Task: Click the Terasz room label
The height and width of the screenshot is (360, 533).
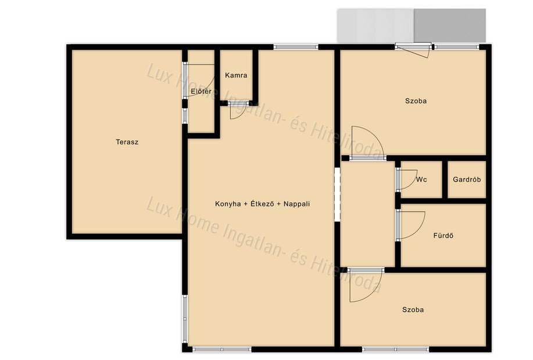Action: coord(127,142)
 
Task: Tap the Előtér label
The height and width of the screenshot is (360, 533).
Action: coord(201,91)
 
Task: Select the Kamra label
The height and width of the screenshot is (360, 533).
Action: coord(236,75)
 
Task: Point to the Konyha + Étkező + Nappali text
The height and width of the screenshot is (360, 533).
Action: coord(262,204)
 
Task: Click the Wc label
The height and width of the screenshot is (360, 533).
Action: coord(421,179)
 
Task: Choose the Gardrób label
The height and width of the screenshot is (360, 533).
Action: coord(467,179)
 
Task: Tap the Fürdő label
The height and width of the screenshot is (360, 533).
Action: coord(443,236)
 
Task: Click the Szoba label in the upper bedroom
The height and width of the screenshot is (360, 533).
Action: coord(416,101)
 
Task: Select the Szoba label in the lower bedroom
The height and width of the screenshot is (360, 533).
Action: coord(413,309)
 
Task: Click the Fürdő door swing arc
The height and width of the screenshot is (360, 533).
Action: coord(418,229)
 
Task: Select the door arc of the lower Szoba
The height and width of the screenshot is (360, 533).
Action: coord(373,293)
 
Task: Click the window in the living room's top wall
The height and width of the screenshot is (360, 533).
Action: coord(296,47)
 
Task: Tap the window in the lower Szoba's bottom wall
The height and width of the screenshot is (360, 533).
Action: coord(396,349)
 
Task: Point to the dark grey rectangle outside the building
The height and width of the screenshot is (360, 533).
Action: coord(450,25)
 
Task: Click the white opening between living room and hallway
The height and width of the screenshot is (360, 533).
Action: coord(337,194)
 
